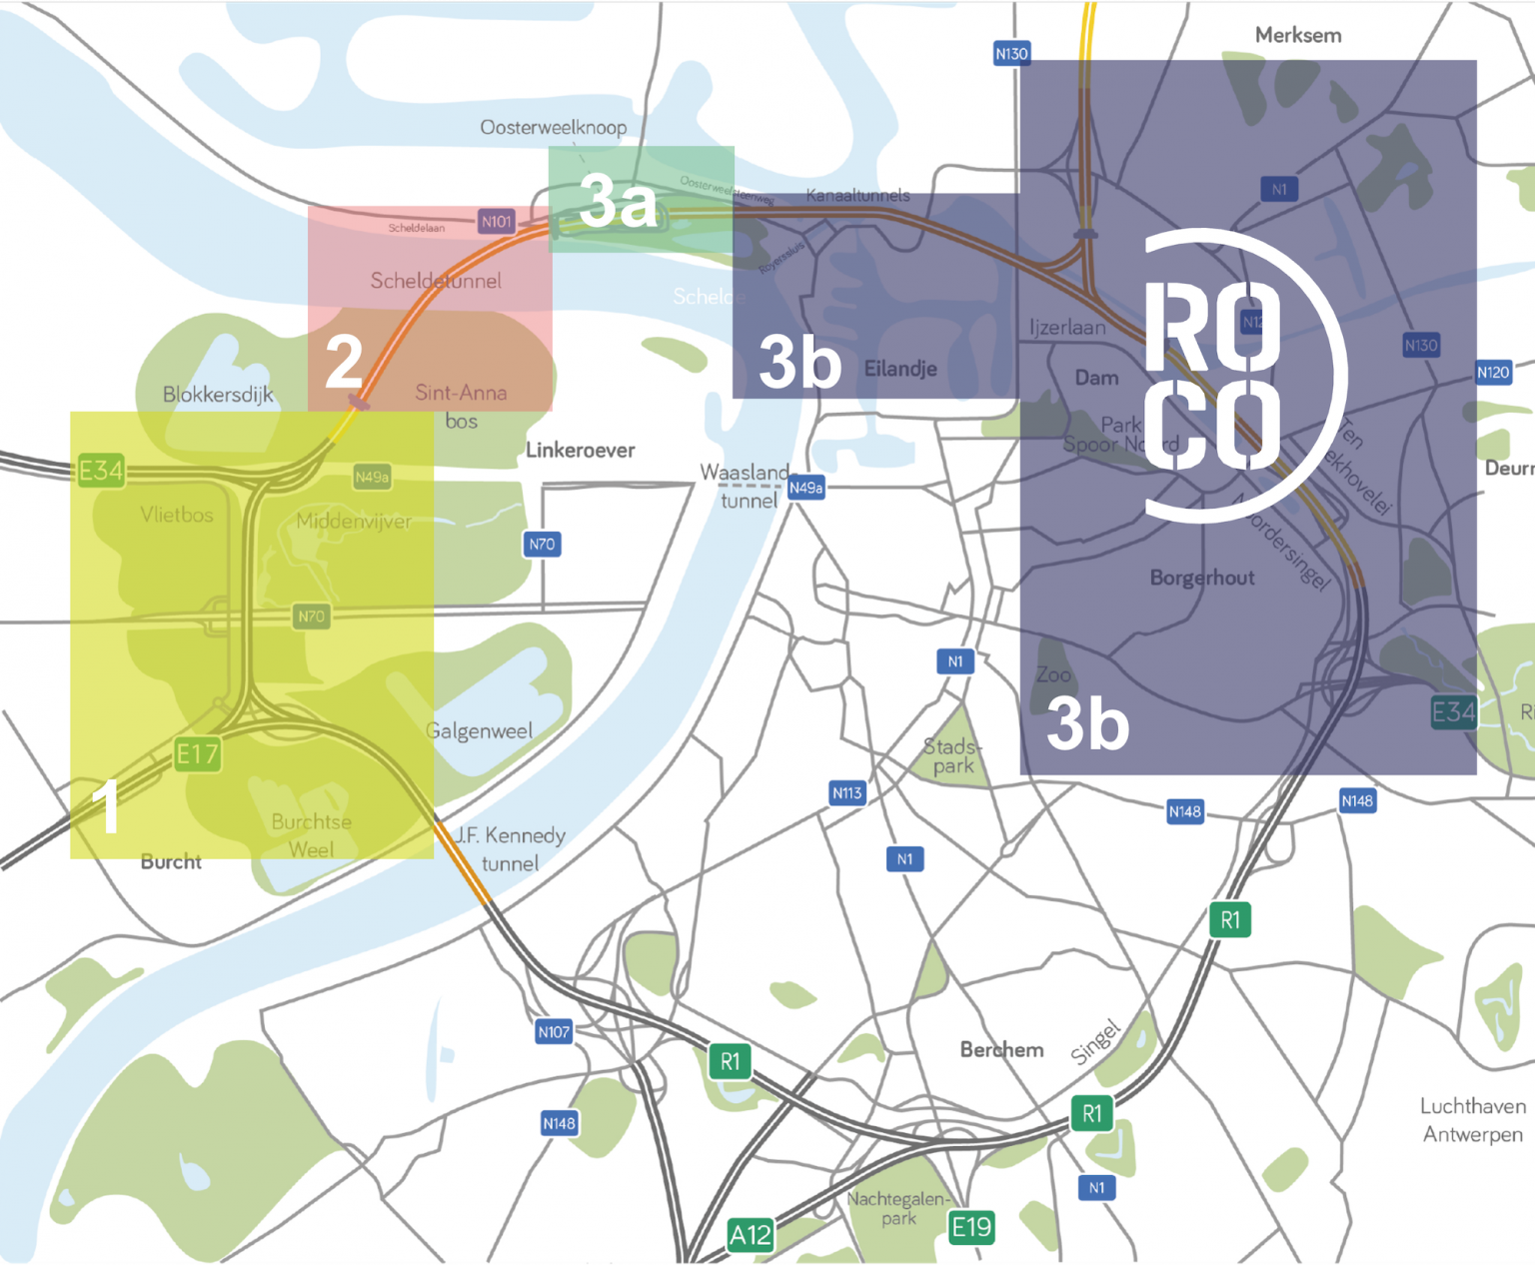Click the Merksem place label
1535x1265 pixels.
1297,35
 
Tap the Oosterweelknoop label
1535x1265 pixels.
553,127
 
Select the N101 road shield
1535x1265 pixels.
497,221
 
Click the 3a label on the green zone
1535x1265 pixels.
619,201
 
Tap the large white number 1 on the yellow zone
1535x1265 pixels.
106,806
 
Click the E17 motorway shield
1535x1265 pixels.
197,753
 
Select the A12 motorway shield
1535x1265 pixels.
750,1235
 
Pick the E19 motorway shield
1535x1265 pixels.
971,1227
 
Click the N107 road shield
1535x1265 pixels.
554,1031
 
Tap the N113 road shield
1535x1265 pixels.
847,792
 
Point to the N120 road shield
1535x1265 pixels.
1493,372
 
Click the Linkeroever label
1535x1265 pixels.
580,450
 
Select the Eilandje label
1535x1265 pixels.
900,369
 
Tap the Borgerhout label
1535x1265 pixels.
1202,578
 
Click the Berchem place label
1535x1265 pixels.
1001,1049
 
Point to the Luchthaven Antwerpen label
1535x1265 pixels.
1472,1120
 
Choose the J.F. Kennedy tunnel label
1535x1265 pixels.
510,848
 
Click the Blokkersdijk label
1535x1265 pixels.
218,395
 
